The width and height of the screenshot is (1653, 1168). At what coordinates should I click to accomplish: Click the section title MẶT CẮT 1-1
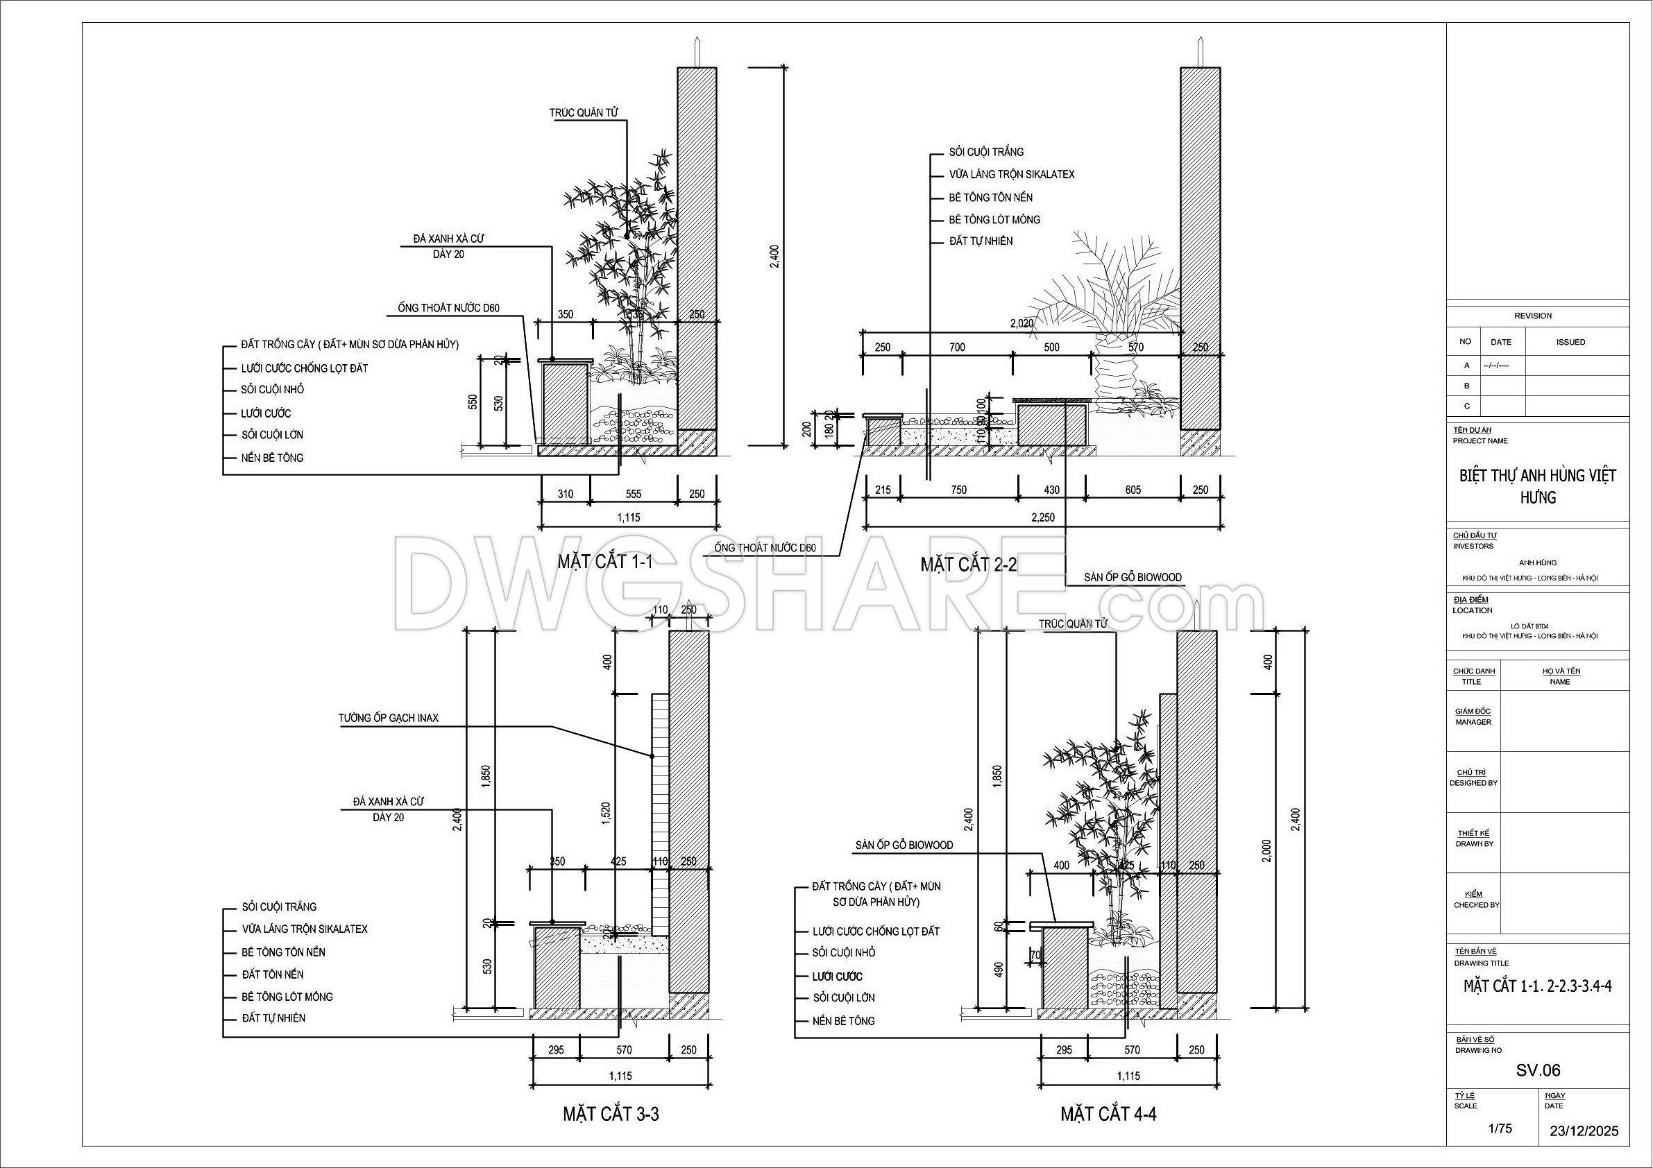tap(604, 562)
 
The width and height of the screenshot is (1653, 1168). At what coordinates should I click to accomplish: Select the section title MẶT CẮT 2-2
tap(968, 564)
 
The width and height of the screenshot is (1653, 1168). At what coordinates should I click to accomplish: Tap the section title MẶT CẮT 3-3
tap(611, 1114)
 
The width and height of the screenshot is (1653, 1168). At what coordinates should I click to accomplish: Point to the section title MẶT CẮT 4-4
tap(1108, 1114)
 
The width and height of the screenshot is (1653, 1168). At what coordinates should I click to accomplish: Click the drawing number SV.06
tap(1538, 1070)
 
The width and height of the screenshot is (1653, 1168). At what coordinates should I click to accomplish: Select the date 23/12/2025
tap(1584, 1131)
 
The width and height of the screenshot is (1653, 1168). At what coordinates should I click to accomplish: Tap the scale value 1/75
tap(1500, 1128)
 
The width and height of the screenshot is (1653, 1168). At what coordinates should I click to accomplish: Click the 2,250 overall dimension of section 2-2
tap(1042, 517)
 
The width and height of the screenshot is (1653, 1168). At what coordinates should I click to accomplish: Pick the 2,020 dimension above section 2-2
tap(1022, 324)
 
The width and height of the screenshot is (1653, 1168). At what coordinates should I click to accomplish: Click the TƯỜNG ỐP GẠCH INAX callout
tap(388, 717)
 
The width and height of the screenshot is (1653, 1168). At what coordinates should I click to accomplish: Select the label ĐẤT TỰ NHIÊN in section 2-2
tap(981, 241)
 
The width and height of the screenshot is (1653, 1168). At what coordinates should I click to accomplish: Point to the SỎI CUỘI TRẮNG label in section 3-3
tap(280, 907)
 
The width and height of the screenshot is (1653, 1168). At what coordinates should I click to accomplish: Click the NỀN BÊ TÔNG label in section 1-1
tap(272, 458)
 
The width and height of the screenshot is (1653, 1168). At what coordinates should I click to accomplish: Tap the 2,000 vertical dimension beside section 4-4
tap(1267, 850)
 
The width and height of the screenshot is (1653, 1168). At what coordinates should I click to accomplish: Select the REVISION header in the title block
tap(1533, 316)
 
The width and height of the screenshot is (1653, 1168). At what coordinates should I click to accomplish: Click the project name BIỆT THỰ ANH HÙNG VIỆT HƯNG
tap(1538, 486)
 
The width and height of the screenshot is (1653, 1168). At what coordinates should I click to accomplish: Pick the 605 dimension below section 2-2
tap(1133, 490)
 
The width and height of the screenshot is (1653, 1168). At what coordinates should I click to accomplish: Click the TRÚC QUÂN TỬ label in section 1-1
tap(583, 113)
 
